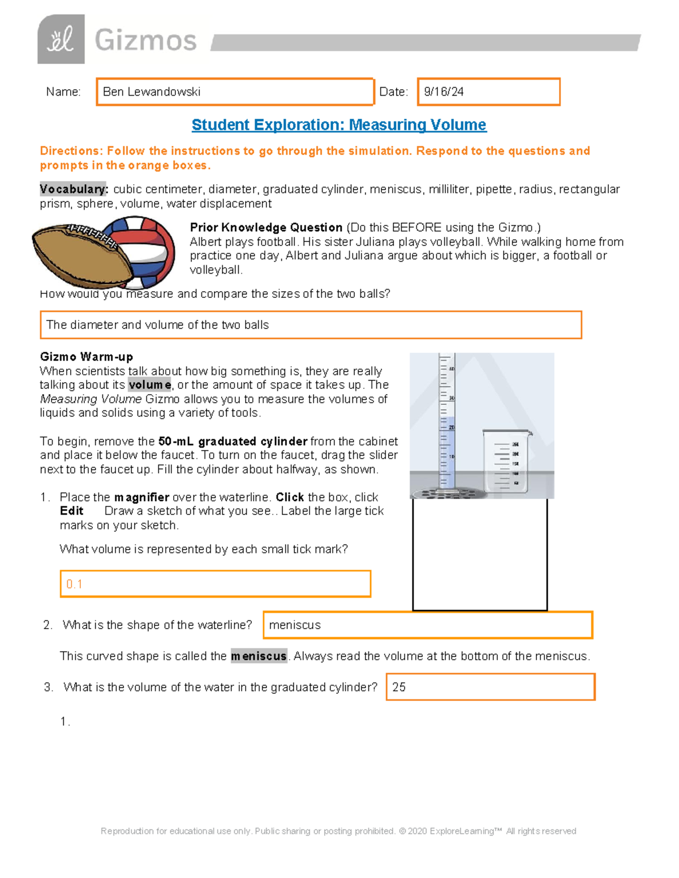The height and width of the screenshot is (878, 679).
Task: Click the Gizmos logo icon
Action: click(x=61, y=39)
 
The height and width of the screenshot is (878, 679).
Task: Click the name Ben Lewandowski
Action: click(x=152, y=92)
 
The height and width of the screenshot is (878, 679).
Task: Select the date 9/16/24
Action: click(x=444, y=92)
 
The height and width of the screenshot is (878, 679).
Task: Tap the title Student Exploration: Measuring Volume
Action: click(x=338, y=125)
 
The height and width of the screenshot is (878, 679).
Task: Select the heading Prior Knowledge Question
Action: click(x=266, y=228)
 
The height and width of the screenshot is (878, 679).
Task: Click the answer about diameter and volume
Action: click(x=157, y=325)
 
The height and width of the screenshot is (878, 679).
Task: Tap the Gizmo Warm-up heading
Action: click(x=87, y=357)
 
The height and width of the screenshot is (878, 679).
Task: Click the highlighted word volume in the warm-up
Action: click(x=149, y=385)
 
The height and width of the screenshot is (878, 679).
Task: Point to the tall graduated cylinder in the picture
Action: click(x=446, y=421)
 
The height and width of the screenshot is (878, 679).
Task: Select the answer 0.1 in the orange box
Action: click(x=75, y=584)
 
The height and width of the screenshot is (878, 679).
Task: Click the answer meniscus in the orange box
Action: click(x=295, y=625)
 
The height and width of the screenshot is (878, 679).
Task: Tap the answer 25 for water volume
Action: click(x=399, y=687)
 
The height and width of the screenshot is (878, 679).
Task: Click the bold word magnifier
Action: click(x=141, y=498)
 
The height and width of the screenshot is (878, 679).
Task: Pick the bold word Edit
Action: click(x=71, y=511)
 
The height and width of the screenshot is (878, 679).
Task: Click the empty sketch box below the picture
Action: click(x=480, y=554)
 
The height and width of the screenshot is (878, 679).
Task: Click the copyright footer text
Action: click(x=338, y=831)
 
